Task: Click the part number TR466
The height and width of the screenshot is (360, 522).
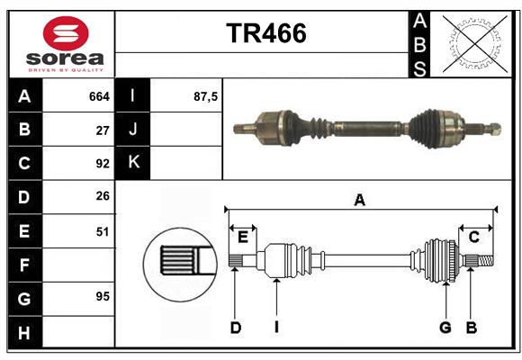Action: pos(265,33)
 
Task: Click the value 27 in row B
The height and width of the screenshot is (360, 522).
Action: pos(103,130)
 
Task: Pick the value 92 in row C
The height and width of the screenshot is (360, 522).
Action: pos(103,164)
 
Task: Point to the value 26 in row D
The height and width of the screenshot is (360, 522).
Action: pos(103,197)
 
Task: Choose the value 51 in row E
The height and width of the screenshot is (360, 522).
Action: pos(103,231)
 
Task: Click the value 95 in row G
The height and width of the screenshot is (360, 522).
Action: pos(103,296)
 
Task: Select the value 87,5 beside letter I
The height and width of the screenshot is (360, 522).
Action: pos(206,95)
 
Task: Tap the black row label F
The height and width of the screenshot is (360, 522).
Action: pos(24,265)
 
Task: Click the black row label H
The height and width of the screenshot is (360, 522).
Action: pos(24,332)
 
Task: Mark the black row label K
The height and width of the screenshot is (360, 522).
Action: pos(133,163)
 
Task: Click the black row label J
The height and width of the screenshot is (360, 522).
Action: pos(133,130)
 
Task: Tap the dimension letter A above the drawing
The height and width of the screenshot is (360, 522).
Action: pos(360,200)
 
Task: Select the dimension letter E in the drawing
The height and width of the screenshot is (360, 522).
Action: pos(242,237)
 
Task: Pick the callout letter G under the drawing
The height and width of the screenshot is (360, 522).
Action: pos(445,328)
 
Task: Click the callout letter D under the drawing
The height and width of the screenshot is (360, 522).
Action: pos(235,328)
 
